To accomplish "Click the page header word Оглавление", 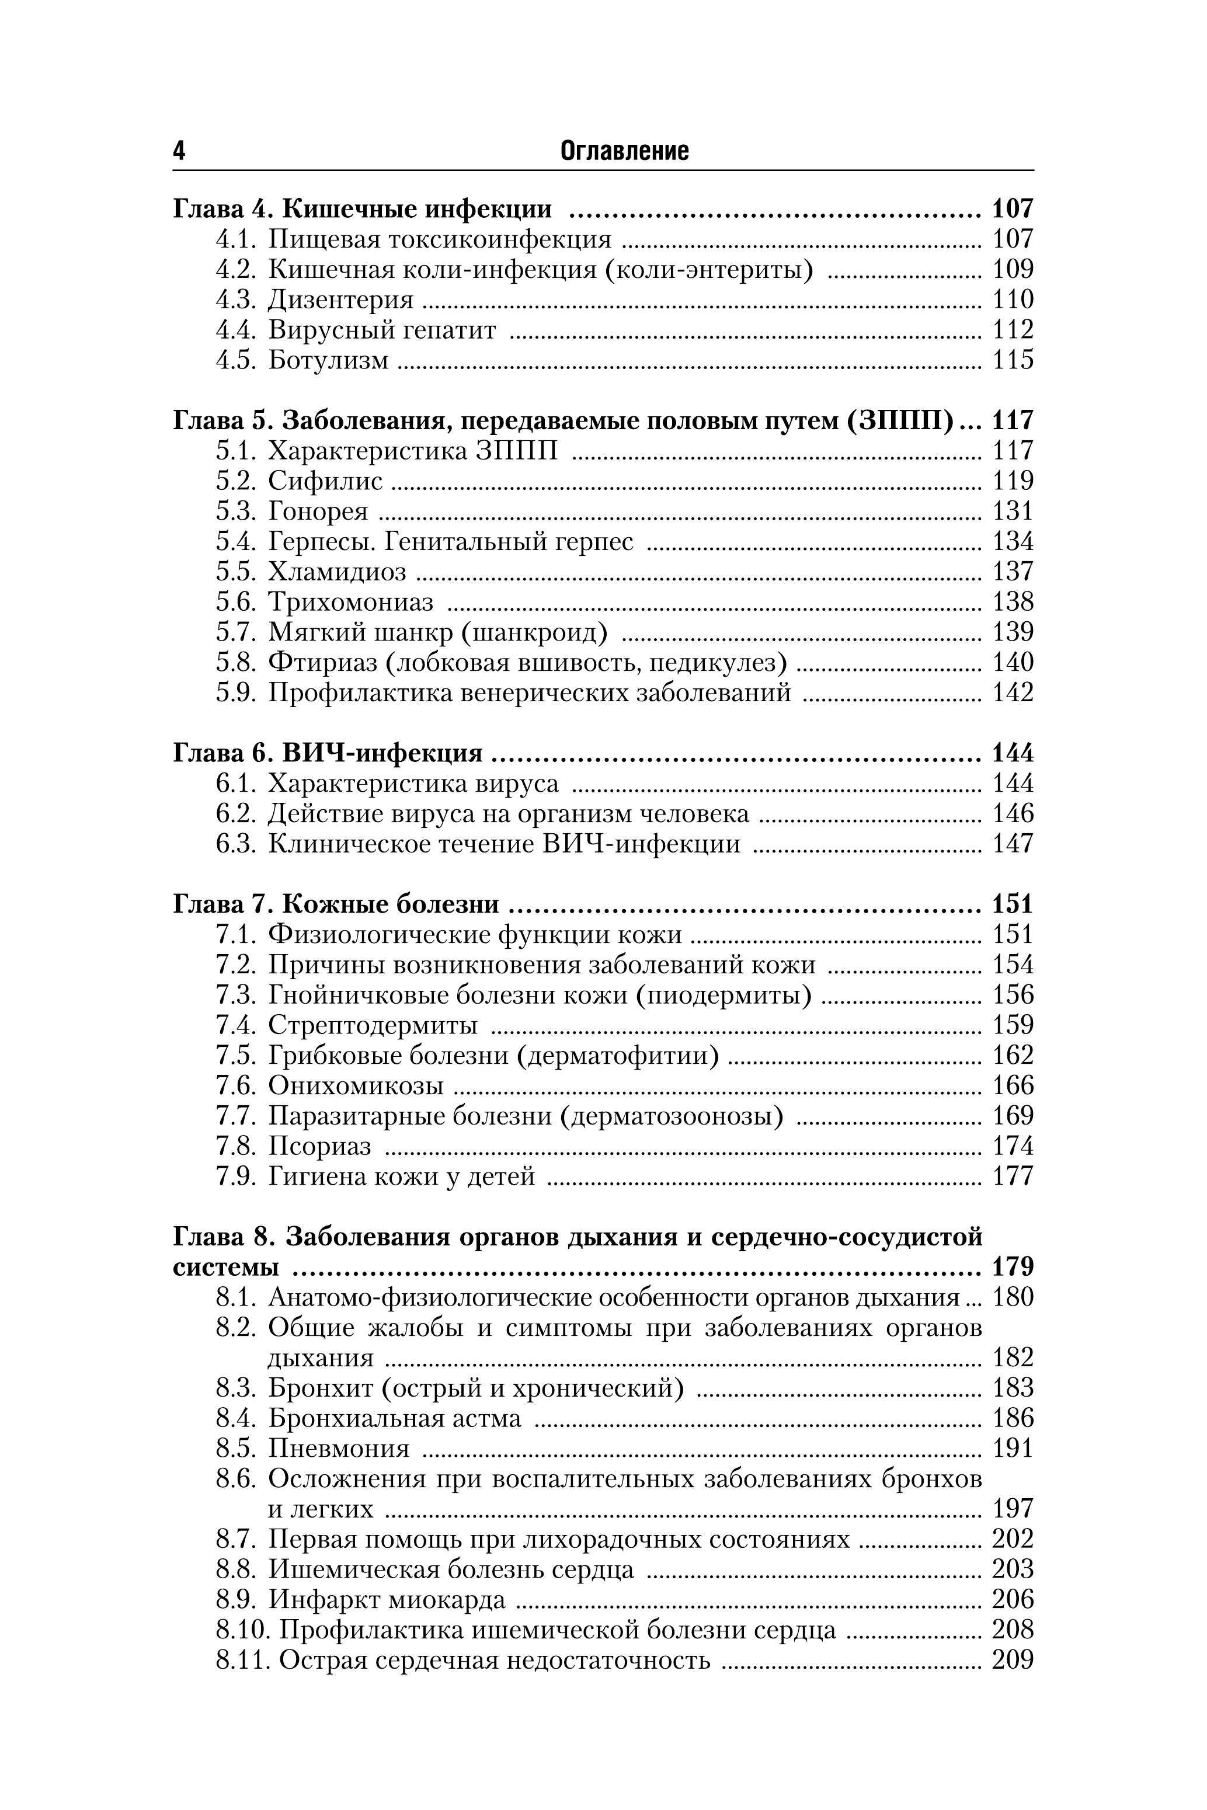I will coord(624,151).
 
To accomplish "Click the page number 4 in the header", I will coord(179,151).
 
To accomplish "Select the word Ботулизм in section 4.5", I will coord(329,360).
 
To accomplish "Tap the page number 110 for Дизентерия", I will coord(1012,300).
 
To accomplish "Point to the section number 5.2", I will coord(235,481).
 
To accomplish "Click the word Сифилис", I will coord(325,481).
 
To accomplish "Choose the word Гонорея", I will coord(318,511).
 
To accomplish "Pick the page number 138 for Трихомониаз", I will coord(1012,602).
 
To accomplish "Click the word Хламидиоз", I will coord(337,572).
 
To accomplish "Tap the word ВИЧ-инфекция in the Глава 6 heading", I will coord(382,753).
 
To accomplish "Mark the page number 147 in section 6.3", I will coord(1012,844).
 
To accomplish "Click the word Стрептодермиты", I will coord(373,1025).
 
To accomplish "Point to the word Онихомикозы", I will coord(356,1086).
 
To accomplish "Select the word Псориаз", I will coord(319,1147).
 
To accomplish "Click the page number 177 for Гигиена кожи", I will coord(1012,1176).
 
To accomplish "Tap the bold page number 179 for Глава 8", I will coord(1012,1268).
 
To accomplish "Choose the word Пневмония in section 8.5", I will coord(339,1449).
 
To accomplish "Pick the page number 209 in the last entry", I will coord(1012,1661).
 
